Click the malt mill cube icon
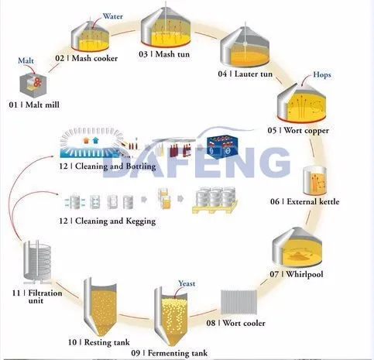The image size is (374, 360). [x=33, y=85]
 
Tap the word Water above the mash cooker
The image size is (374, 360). [x=113, y=16]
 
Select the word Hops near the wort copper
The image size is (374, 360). [x=321, y=75]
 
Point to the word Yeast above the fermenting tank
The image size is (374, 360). [x=187, y=283]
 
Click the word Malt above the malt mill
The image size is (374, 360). [x=26, y=60]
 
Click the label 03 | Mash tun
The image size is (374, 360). [x=164, y=54]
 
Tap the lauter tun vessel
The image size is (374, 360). [x=245, y=46]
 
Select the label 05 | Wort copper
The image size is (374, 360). [x=298, y=130]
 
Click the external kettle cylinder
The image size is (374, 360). [x=314, y=180]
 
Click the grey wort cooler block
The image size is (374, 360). [x=239, y=303]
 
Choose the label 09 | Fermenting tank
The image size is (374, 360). [x=170, y=353]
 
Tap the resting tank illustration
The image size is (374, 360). [x=100, y=307]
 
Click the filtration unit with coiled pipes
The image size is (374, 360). [x=37, y=261]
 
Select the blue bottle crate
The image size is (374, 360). [x=222, y=147]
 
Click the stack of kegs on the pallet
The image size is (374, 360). [x=215, y=201]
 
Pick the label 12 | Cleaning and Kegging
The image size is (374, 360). [x=108, y=221]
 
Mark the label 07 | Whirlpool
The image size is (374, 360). [x=297, y=274]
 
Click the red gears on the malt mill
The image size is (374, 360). [x=38, y=81]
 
